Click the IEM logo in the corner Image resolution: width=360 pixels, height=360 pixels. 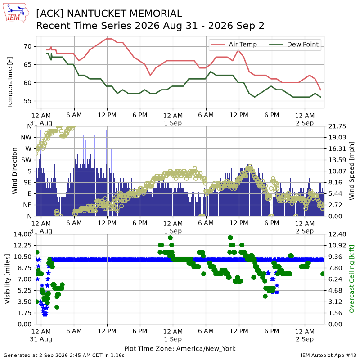tap(16, 13)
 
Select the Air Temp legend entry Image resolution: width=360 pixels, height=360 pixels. tap(234, 44)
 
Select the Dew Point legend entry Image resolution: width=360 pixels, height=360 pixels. tap(294, 44)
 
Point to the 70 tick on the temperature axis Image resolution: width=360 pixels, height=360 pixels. tap(27, 47)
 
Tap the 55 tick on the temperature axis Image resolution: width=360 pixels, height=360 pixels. tap(27, 101)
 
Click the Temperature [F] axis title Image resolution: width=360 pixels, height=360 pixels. tap(9, 82)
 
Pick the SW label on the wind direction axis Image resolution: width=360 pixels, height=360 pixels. tap(27, 160)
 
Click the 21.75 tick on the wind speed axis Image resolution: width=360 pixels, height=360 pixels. tap(337, 126)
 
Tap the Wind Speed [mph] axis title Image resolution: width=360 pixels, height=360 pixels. tap(351, 171)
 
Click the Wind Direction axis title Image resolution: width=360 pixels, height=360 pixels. tap(14, 171)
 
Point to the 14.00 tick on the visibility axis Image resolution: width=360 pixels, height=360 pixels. tap(22, 234)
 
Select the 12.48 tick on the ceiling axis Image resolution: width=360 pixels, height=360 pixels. tap(337, 234)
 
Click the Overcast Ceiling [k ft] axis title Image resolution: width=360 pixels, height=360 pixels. tap(351, 279)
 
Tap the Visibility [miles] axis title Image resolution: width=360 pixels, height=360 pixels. tap(7, 279)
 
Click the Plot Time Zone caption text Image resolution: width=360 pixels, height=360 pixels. tap(180, 348)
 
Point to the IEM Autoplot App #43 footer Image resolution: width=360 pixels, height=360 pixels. tap(328, 355)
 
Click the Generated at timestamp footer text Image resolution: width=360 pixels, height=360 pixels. tap(64, 355)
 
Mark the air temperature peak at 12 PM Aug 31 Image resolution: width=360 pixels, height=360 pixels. tap(109, 39)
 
